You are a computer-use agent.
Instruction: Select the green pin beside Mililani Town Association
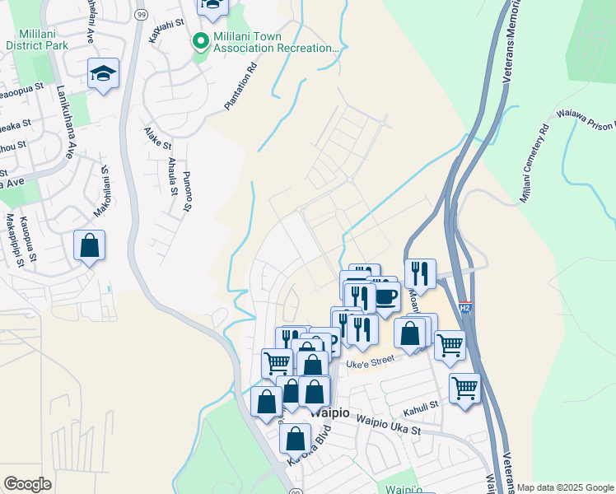(x=199, y=40)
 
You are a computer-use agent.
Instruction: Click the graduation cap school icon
(x=104, y=74)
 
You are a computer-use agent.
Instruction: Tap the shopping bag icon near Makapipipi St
(x=89, y=246)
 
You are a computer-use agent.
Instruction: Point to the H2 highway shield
(x=464, y=304)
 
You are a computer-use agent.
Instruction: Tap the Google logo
(x=27, y=484)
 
